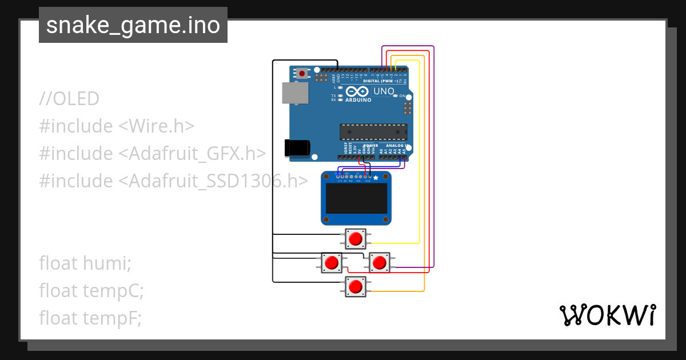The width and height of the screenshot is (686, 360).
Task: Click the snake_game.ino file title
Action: tap(133, 26)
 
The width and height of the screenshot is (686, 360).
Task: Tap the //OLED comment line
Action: tap(69, 99)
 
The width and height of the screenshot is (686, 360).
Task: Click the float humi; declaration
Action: tap(85, 263)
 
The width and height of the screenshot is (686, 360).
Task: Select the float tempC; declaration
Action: tap(91, 291)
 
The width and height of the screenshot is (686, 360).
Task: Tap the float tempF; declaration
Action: tap(90, 318)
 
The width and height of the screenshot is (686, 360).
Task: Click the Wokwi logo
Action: tap(607, 315)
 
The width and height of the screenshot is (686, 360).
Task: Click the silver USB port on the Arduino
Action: tap(295, 93)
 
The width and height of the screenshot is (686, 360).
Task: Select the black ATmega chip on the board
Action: tap(373, 132)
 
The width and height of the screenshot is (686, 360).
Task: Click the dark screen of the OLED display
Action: tap(356, 198)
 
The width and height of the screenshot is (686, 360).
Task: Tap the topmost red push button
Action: tap(356, 238)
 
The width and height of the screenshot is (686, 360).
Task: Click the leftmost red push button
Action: tap(332, 263)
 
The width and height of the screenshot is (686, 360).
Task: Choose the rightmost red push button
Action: tap(379, 263)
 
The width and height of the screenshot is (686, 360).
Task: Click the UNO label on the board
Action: tap(384, 91)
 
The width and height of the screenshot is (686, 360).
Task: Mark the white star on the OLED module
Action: tap(376, 179)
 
